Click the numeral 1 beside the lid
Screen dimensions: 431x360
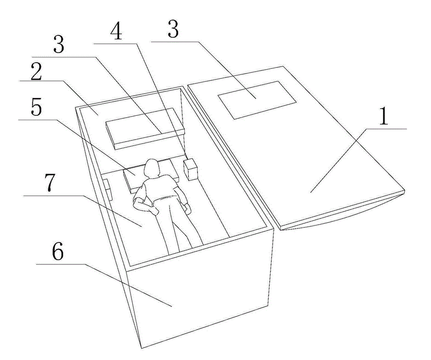coord(384,115)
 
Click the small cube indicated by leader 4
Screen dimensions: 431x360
coord(191,169)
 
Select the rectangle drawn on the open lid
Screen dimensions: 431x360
coord(257,100)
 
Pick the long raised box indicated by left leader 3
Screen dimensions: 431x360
coord(145,129)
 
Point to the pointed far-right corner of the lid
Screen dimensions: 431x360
coord(405,190)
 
